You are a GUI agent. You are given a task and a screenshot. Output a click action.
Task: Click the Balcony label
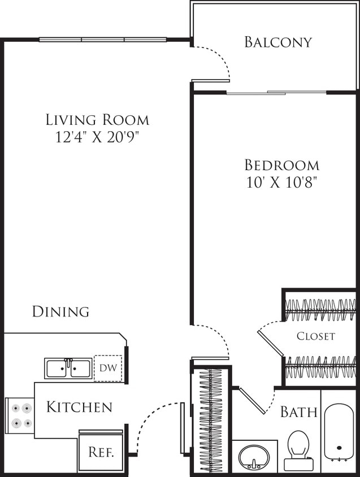click(277, 42)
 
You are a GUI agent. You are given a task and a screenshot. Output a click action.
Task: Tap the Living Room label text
click(97, 120)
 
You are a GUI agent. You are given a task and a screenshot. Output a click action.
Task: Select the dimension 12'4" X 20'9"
click(97, 137)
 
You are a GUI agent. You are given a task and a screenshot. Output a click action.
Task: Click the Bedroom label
click(281, 165)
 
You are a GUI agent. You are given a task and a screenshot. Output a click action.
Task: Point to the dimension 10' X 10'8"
click(281, 182)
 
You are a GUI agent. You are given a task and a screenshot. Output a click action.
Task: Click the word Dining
click(60, 311)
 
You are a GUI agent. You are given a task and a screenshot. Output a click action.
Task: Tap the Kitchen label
click(79, 407)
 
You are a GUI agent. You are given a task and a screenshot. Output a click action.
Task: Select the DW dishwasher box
click(108, 368)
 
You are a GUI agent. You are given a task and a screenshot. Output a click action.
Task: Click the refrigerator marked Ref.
click(101, 452)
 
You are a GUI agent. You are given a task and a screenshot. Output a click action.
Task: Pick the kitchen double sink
click(68, 368)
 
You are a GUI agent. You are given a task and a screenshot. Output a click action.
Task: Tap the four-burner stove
click(20, 415)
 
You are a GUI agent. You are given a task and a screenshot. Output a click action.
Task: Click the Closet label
click(316, 336)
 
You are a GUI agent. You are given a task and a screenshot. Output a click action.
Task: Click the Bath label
click(298, 412)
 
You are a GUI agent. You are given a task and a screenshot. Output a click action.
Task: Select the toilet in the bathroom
click(298, 450)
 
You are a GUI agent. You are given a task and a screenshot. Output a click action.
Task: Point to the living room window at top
click(103, 40)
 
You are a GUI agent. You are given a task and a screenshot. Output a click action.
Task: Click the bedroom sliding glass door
click(276, 92)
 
